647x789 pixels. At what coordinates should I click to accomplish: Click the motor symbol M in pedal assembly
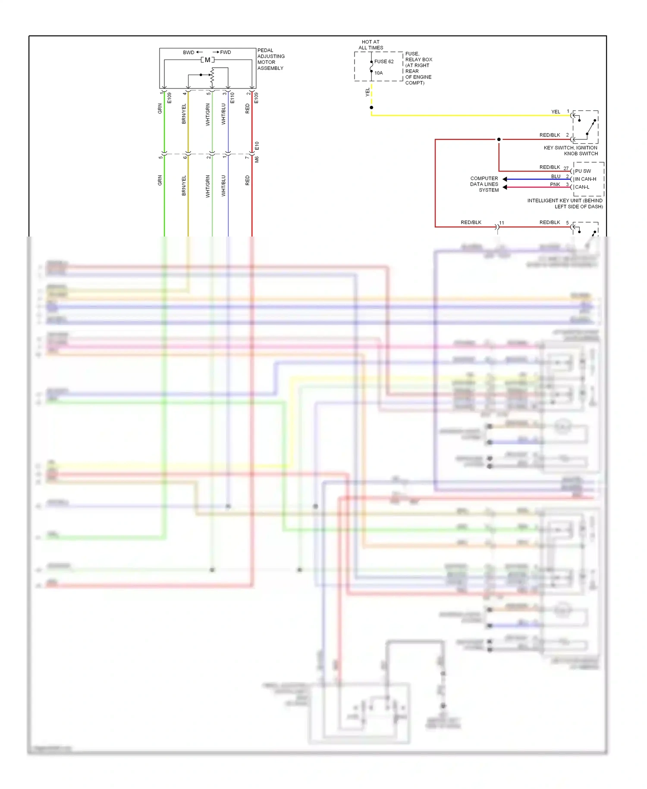[x=207, y=60]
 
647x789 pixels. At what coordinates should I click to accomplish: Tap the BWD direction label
[x=188, y=53]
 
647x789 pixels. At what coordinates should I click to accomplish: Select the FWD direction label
[x=226, y=53]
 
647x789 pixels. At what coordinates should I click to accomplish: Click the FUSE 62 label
[x=384, y=62]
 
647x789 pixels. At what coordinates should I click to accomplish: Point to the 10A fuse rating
[x=378, y=73]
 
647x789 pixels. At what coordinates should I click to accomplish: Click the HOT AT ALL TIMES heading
[x=371, y=45]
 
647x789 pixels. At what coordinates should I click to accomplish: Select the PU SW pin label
[x=583, y=171]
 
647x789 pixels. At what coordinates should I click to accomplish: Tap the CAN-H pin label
[x=585, y=179]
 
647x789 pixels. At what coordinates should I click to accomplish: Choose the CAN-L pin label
[x=582, y=187]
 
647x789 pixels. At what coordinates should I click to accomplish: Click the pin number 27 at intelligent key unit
[x=566, y=168]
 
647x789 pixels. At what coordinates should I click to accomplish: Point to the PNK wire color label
[x=555, y=185]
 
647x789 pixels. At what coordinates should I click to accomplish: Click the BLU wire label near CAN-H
[x=556, y=177]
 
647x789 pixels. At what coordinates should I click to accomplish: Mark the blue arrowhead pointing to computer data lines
[x=505, y=179]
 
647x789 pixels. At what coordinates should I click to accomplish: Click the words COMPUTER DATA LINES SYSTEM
[x=484, y=184]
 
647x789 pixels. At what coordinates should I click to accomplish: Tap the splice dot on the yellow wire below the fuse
[x=371, y=107]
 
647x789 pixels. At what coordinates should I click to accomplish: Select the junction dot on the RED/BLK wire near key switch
[x=499, y=139]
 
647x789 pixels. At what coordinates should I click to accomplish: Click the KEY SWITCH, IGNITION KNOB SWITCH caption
[x=571, y=151]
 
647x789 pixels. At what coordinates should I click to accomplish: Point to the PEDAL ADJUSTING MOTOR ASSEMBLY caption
[x=271, y=59]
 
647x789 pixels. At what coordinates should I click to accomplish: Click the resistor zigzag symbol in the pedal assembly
[x=212, y=77]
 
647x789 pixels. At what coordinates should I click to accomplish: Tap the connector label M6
[x=257, y=160]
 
